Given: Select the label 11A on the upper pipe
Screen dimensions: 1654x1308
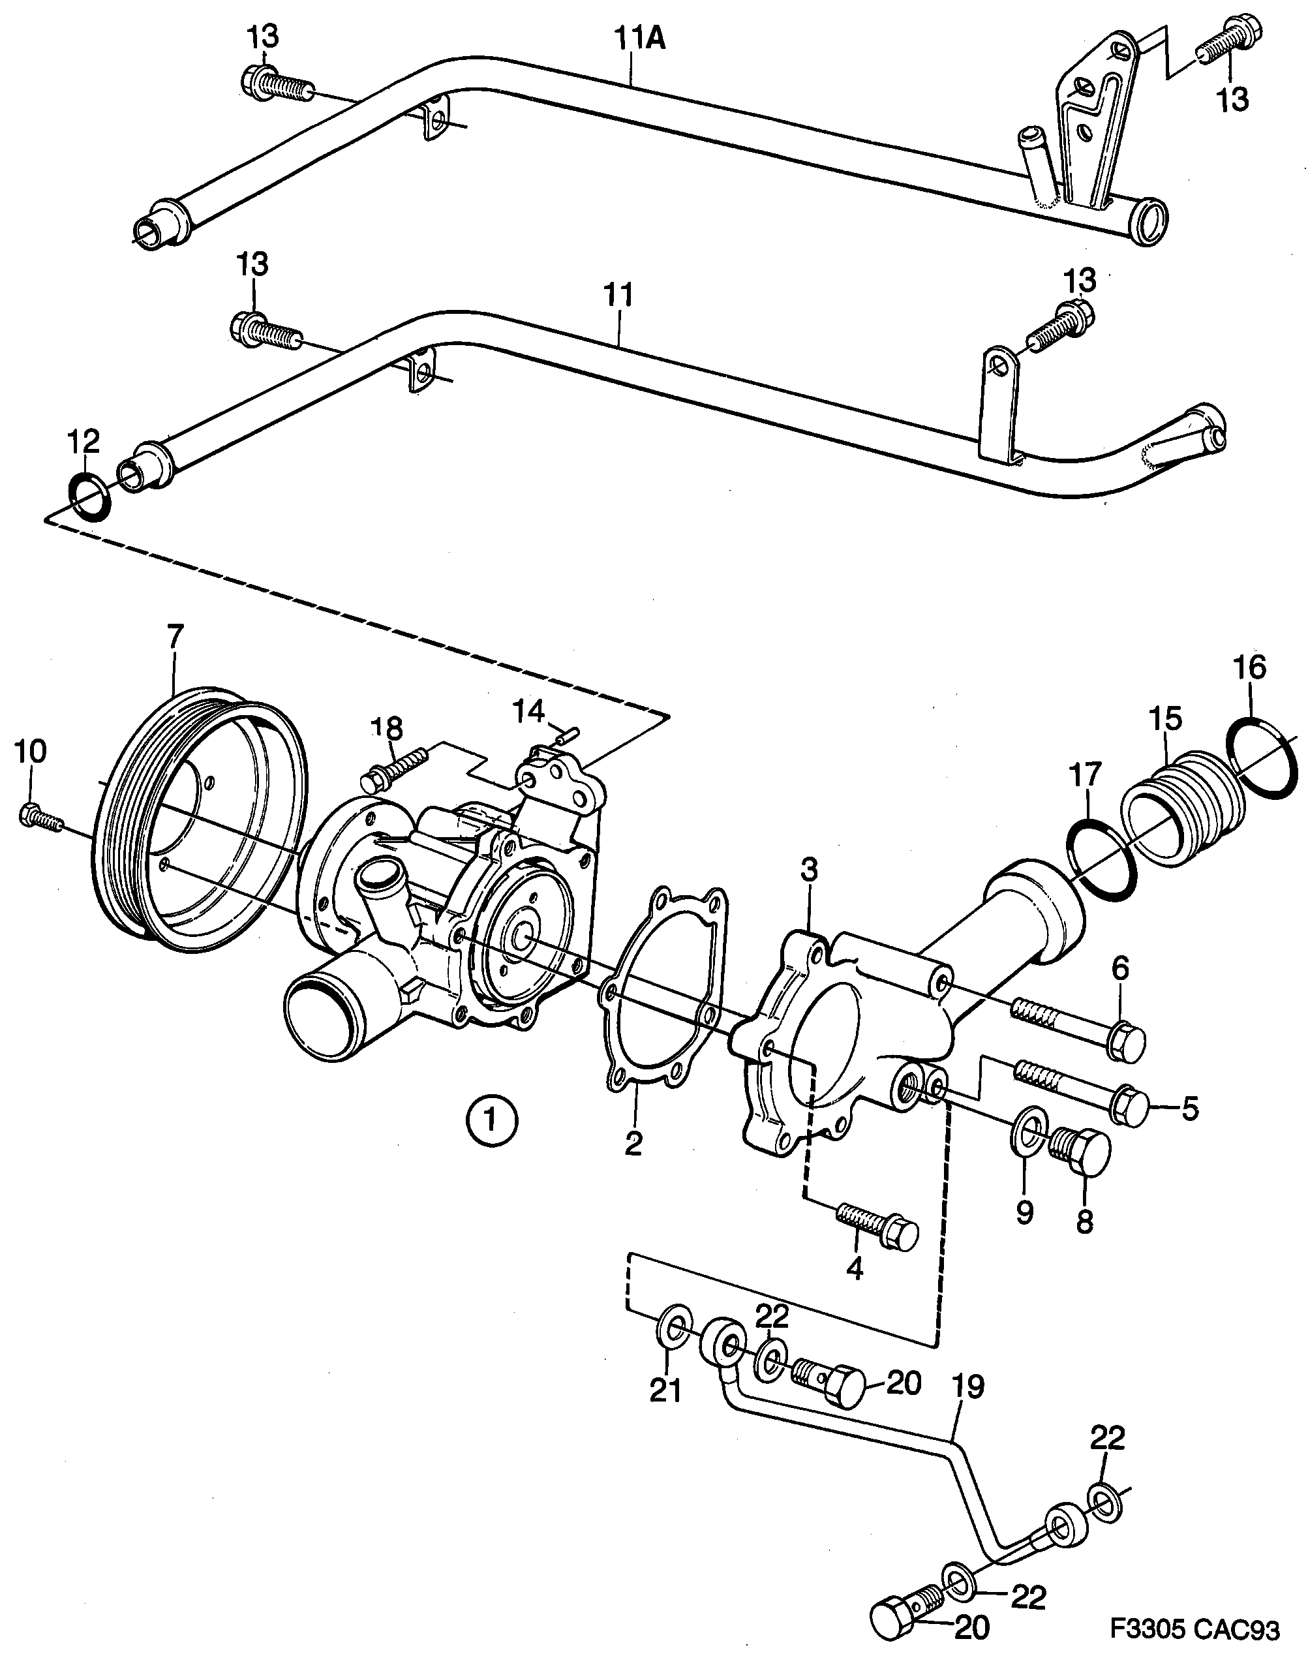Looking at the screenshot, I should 640,39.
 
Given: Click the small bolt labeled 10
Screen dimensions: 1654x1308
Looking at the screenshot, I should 38,818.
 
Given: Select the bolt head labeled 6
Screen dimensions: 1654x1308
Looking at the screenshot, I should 1128,1041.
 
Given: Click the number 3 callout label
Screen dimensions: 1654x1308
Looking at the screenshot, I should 809,870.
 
